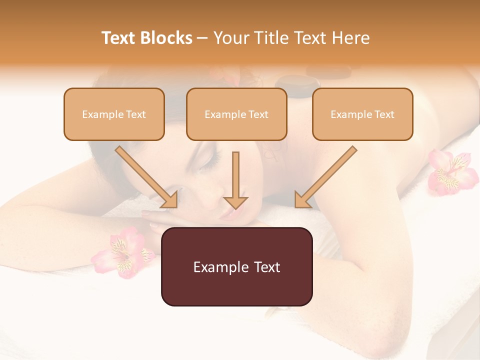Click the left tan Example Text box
[114, 114]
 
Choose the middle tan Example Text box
[236, 114]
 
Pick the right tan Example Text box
[362, 114]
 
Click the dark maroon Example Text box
[236, 267]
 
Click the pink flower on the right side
[451, 172]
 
